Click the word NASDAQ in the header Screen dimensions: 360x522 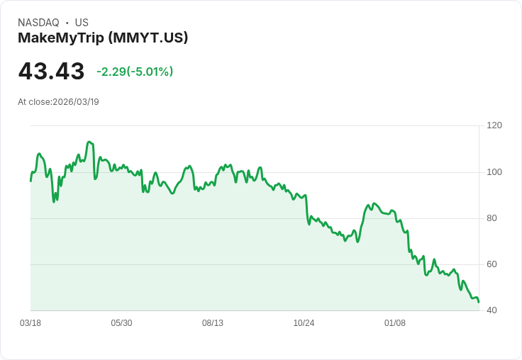coord(38,23)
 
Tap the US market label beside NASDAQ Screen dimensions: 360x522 coord(82,23)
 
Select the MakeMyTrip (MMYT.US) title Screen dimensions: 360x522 coord(103,38)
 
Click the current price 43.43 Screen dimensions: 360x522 coord(51,72)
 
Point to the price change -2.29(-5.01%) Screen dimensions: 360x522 coord(135,72)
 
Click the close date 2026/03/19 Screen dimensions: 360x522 coord(76,102)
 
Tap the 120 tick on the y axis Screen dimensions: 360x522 coord(494,125)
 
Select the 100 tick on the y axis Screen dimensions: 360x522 coord(494,171)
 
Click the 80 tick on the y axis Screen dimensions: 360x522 coord(492,218)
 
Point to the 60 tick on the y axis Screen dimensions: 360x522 coord(492,264)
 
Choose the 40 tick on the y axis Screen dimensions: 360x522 coord(492,310)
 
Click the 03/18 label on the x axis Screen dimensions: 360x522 coord(30,323)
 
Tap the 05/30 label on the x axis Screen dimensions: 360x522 coord(121,323)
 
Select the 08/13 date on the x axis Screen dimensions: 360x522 coord(213,323)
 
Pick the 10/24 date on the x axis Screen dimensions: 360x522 coord(304,323)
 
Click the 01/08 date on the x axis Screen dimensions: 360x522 coord(395,323)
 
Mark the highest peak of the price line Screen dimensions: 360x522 coord(89,142)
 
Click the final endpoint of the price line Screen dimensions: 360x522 coord(479,303)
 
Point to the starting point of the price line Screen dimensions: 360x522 coord(30,181)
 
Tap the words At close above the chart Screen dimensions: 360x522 coord(34,102)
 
